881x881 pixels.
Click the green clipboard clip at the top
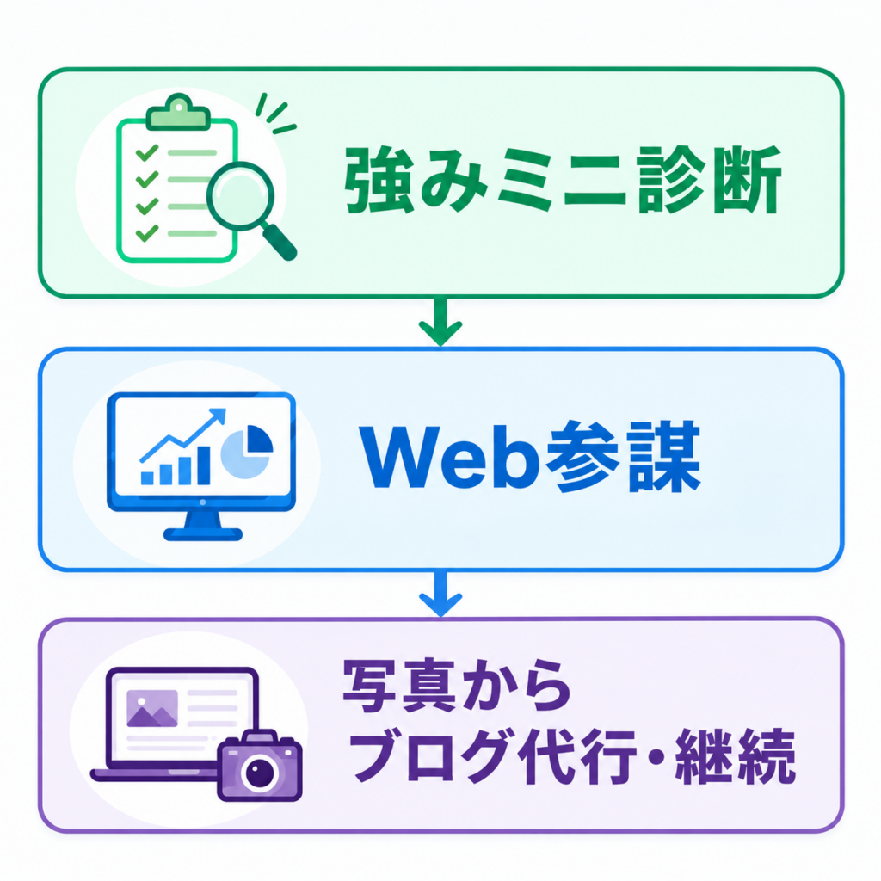(177, 113)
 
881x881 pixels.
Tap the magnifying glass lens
(241, 195)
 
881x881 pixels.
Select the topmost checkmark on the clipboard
(147, 153)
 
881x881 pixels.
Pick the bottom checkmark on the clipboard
(147, 233)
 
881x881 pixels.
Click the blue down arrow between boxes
(440, 595)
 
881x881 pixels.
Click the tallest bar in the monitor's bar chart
(203, 465)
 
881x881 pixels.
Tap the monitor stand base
(203, 534)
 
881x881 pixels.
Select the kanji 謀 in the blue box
(665, 458)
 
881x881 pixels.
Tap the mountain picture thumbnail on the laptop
(152, 708)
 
